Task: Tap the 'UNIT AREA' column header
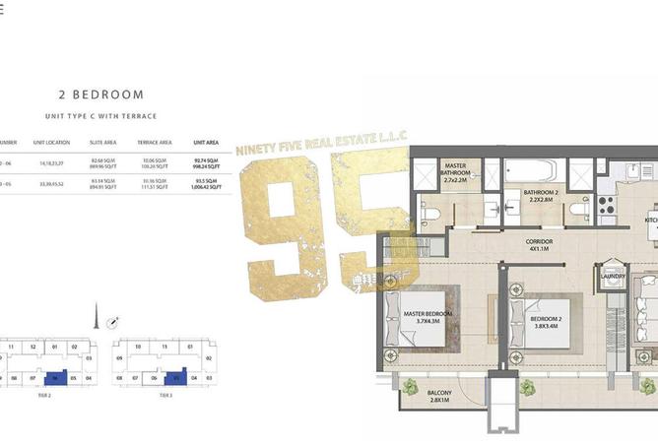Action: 206,142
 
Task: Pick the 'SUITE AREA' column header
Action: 102,142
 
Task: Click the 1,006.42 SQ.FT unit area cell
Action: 206,186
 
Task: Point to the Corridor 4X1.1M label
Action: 539,244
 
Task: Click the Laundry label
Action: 612,277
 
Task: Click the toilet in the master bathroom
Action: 429,212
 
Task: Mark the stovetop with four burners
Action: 605,204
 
